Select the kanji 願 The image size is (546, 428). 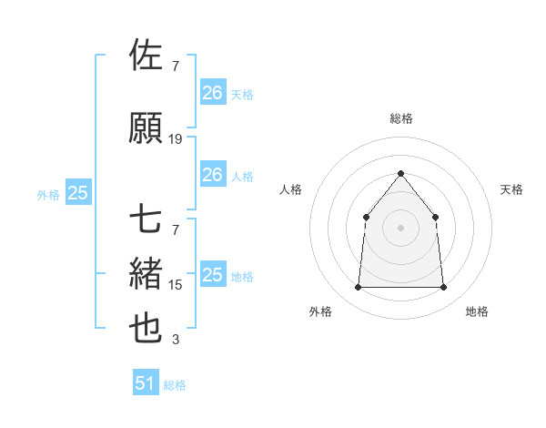[147, 128]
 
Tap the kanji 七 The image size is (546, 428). [147, 219]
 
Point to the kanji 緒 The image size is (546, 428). [147, 273]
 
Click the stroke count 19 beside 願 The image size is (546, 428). [176, 139]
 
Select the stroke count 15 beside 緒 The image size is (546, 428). [176, 285]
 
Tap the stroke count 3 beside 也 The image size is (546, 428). [176, 340]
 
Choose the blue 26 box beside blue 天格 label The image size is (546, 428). [213, 93]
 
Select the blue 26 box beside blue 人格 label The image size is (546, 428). [213, 175]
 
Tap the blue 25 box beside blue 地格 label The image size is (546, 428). [213, 275]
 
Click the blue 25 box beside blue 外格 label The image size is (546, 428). [77, 193]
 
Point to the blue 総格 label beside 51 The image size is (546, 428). [175, 385]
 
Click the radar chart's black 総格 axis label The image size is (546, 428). [401, 118]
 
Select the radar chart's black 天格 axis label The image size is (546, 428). [512, 189]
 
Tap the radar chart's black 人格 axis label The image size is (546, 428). [290, 189]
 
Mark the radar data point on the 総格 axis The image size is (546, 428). [400, 173]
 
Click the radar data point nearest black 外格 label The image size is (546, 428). [358, 288]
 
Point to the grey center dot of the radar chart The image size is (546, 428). [400, 228]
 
